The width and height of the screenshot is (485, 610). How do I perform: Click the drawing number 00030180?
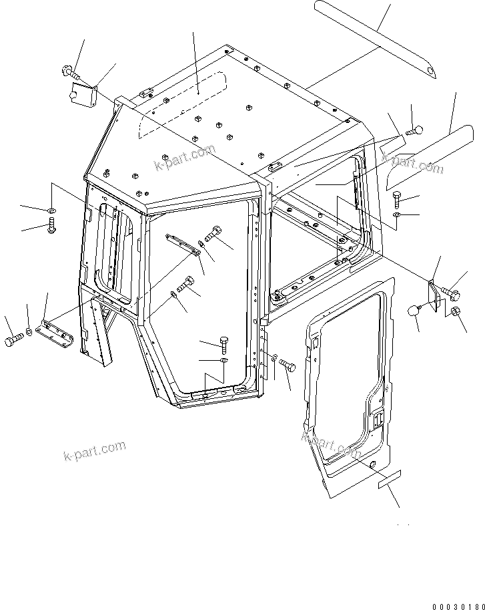pos(458,606)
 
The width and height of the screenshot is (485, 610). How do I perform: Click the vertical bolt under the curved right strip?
pos(398,198)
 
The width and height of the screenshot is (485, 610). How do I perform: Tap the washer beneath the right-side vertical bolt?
pos(398,214)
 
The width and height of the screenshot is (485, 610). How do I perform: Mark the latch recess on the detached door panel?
pos(378,420)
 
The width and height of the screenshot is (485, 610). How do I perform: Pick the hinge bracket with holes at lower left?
pos(56,330)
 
